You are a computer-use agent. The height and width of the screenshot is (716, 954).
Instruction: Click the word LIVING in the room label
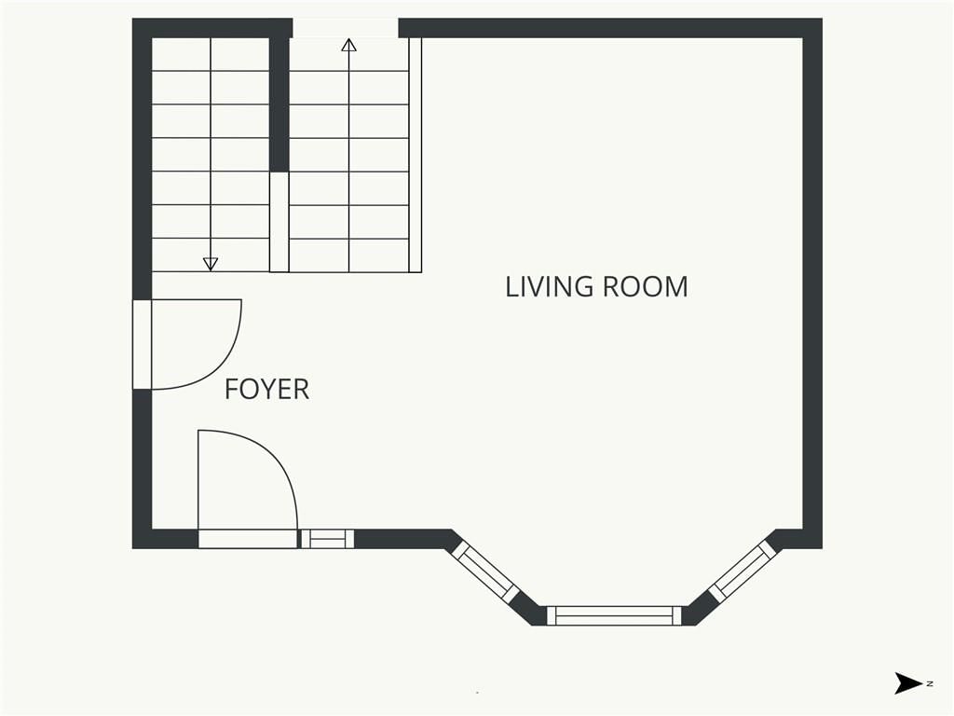tap(550, 287)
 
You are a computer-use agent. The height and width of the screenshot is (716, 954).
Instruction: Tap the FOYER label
tap(267, 389)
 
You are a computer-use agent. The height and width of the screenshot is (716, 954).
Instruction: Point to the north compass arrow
tap(908, 683)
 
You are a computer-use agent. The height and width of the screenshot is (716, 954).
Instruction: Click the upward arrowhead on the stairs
tap(348, 45)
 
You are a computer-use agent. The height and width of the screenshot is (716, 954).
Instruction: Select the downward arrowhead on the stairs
tap(211, 264)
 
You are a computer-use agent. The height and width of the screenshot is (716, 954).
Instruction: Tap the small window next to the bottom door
tap(327, 539)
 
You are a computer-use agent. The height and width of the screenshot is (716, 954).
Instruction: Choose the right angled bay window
tap(743, 571)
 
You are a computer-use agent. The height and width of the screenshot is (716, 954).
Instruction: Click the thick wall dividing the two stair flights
tap(279, 104)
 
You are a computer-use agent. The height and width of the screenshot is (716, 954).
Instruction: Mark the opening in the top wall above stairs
tap(346, 28)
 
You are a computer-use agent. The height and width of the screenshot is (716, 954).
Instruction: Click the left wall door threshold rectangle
tap(143, 344)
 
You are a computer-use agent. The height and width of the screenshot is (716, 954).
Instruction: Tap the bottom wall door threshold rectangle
tap(248, 539)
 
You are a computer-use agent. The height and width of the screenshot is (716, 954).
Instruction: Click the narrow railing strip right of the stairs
tap(416, 155)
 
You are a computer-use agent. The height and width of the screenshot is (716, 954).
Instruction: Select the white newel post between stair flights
tap(279, 222)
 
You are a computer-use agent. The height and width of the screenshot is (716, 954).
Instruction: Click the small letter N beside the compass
tap(930, 683)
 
